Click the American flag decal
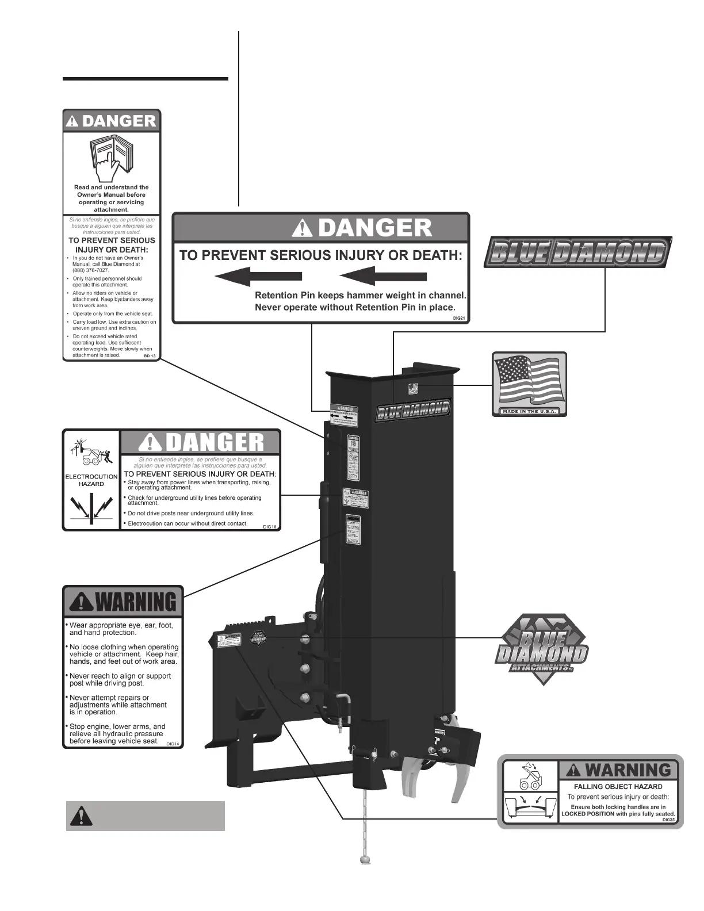tap(530, 380)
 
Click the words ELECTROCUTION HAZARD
tap(91, 480)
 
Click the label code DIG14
tap(173, 744)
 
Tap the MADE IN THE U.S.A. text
tap(529, 411)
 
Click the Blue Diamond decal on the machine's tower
tap(413, 409)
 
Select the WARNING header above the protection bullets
tap(123, 602)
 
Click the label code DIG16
tap(270, 526)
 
